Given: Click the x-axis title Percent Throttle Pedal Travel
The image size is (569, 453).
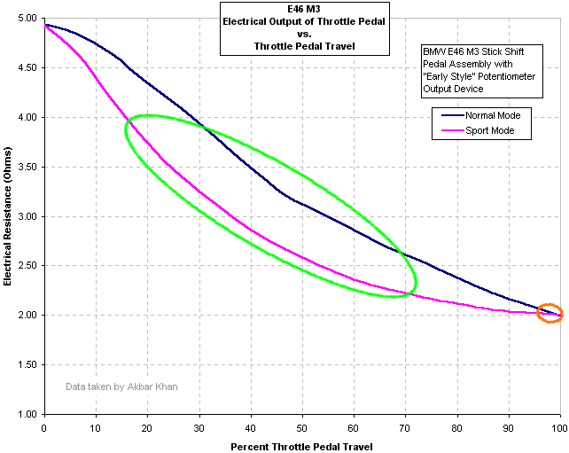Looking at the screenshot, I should pos(301,446).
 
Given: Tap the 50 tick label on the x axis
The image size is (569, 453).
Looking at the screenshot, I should pos(301,427).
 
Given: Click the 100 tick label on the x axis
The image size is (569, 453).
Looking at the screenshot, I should pos(559,427).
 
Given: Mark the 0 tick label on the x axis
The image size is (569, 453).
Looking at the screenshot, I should pos(43,427).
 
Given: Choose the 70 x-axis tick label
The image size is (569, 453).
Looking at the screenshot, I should pos(405,427).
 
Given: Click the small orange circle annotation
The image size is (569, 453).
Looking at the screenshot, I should pos(550,312).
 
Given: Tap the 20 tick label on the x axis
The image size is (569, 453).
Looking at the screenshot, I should pos(147,427).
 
